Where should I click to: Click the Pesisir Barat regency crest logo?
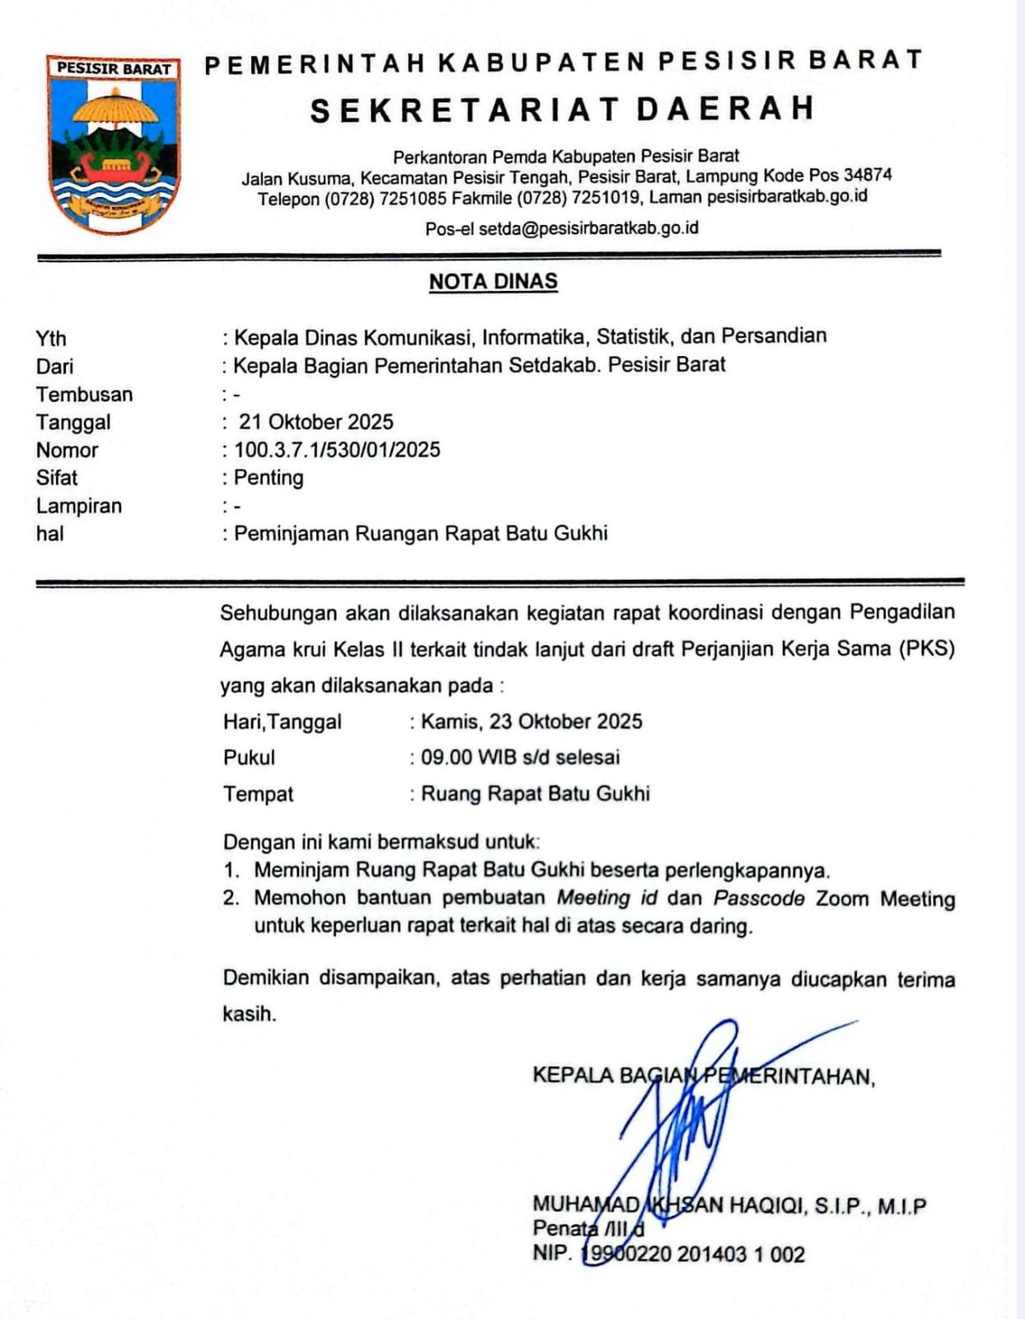coord(114,143)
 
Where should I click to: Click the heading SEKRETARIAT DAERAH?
coord(563,110)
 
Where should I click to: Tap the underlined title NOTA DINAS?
coord(493,282)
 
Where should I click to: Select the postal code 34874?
coord(868,175)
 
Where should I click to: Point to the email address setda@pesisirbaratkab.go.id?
coord(588,228)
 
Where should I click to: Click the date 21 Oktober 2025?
coord(316,422)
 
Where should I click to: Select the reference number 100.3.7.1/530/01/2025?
coord(337,450)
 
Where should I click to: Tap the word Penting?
coord(269,478)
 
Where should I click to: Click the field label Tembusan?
coord(84,395)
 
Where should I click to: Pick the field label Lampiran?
coord(79,506)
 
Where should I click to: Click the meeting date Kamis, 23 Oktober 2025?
coord(531,722)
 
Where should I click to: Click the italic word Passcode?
coord(759,899)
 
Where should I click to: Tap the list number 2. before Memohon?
coord(231,899)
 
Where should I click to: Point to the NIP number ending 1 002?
coord(693,1255)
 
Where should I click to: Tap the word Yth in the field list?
coord(51,339)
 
